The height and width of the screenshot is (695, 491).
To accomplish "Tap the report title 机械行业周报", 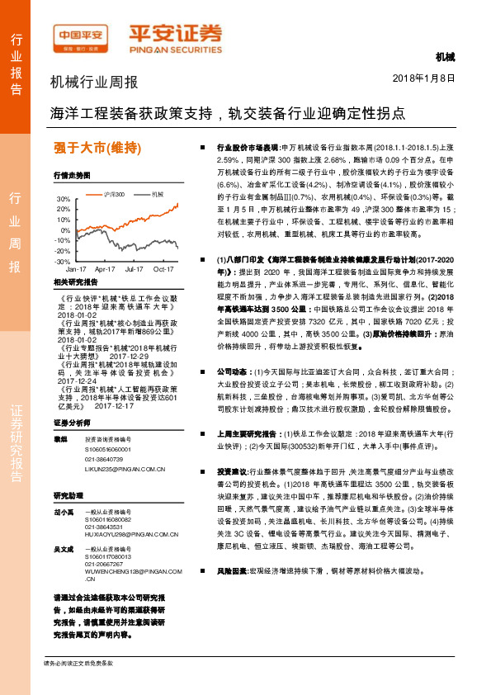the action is [94, 83].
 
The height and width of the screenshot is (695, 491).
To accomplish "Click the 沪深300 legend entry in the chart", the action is [115, 194].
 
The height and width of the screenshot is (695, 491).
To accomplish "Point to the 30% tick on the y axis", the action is [64, 200].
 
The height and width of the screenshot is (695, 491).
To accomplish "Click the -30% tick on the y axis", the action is [63, 261].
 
